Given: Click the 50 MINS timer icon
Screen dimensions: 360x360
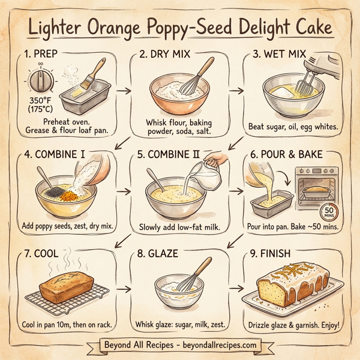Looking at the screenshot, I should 329,212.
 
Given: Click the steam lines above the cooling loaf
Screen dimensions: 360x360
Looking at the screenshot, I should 72,264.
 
